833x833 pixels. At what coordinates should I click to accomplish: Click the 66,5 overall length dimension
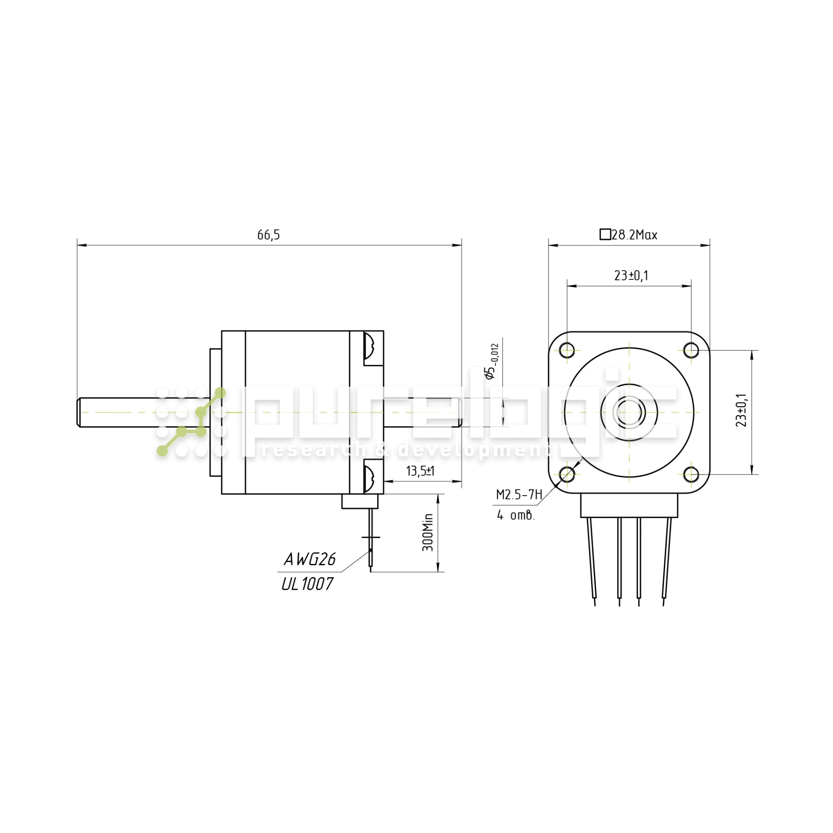point(269,235)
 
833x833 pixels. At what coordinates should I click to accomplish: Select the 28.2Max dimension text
point(634,235)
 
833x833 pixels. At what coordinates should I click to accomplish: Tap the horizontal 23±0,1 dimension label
point(631,275)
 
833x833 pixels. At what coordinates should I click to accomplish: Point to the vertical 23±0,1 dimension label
point(741,410)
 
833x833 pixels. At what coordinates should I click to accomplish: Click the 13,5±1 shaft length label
point(420,471)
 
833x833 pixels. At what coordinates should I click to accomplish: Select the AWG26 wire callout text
point(309,560)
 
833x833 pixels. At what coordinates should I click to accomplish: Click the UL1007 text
point(307,584)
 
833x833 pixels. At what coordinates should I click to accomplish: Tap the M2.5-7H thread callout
point(519,494)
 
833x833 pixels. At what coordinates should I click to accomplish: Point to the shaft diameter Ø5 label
point(492,361)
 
